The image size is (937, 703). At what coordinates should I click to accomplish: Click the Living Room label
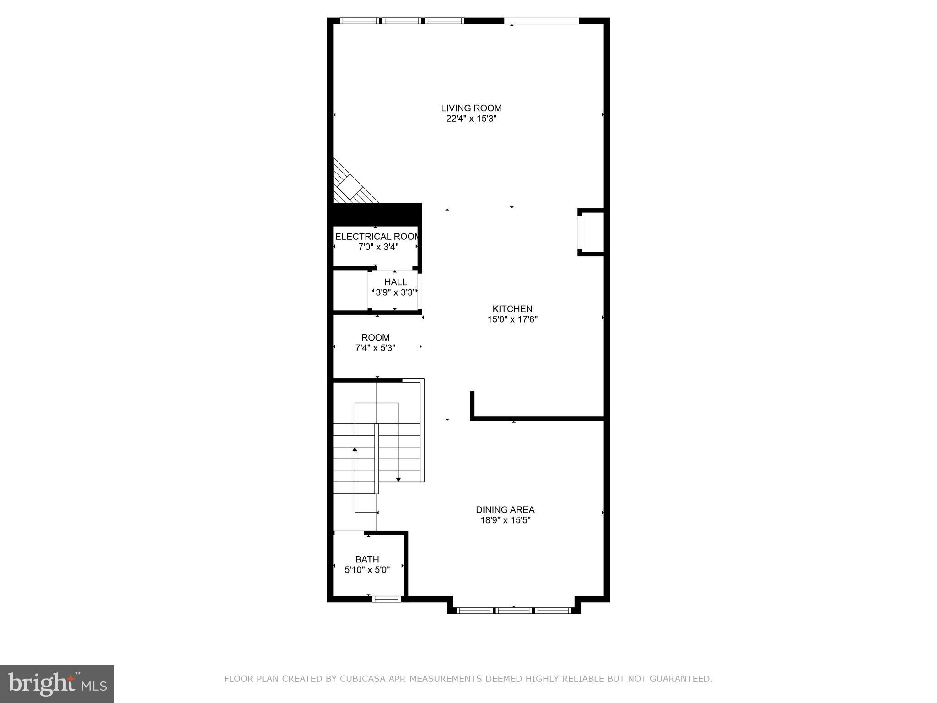471,108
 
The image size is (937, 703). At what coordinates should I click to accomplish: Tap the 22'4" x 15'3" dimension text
471,119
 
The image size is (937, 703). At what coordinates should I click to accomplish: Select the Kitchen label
512,309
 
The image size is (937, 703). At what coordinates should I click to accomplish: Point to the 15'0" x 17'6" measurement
512,319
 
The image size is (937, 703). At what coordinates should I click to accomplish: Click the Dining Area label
505,510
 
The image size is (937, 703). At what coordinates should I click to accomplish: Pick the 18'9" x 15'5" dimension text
505,520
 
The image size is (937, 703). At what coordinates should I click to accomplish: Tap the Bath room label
367,559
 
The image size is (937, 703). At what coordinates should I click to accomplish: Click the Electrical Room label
376,237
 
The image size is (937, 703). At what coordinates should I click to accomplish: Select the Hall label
395,282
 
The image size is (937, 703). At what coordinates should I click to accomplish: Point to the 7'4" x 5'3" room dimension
375,348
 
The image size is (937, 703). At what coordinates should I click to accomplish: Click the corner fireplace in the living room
350,185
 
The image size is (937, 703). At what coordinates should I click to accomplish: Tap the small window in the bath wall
387,599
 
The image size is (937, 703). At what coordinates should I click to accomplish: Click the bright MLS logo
57,684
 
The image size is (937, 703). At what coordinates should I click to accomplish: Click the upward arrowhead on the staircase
355,449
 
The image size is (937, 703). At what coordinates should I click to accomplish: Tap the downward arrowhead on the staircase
398,479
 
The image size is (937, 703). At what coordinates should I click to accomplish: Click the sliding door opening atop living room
542,21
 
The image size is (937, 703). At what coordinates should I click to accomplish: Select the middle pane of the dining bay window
514,610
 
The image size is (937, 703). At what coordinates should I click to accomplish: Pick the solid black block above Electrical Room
376,214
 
